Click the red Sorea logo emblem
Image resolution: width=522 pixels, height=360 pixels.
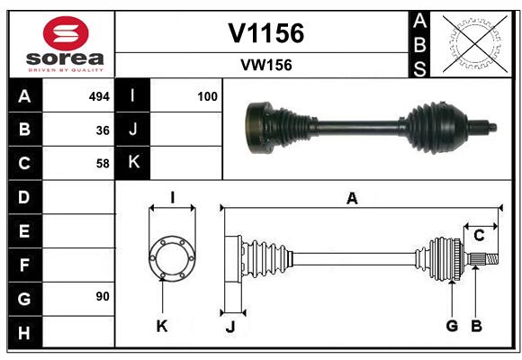(x=66, y=34)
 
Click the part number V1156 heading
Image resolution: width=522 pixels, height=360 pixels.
(x=265, y=33)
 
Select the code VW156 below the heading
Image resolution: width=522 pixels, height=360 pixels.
(x=265, y=65)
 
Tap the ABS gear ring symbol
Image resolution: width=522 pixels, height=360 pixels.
(x=471, y=44)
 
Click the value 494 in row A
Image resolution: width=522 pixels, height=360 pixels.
(x=98, y=96)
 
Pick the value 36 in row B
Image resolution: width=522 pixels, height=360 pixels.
(x=103, y=130)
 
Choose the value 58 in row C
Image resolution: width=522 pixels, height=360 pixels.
(x=103, y=163)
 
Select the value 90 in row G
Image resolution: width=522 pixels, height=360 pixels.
(x=103, y=296)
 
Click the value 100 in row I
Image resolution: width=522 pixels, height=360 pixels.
(x=207, y=96)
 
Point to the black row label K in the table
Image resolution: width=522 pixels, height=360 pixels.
(x=133, y=163)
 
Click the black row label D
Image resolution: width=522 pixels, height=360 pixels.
(x=24, y=196)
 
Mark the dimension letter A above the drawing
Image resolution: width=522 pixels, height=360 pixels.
(x=352, y=199)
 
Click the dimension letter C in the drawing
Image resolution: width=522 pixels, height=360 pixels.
(x=480, y=235)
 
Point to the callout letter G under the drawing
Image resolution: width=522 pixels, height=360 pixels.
(x=452, y=326)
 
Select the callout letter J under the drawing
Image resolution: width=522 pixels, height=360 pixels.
(x=229, y=327)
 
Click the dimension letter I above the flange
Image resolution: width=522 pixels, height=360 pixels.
(x=172, y=197)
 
